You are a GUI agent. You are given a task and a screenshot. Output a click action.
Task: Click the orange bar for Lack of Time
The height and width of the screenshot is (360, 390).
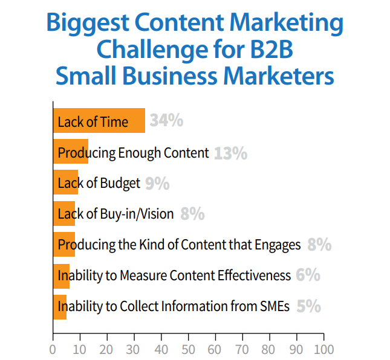click(x=99, y=121)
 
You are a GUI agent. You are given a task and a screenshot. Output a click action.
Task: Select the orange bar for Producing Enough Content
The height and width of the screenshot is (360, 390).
click(x=71, y=152)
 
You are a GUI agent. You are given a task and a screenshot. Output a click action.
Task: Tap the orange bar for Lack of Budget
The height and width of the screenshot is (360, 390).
click(x=65, y=182)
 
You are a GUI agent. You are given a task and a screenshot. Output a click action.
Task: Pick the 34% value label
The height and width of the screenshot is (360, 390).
click(x=166, y=121)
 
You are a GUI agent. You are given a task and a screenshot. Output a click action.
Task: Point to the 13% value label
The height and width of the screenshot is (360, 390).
click(x=230, y=153)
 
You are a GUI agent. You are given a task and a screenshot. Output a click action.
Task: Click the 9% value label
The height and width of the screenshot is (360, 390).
click(x=157, y=183)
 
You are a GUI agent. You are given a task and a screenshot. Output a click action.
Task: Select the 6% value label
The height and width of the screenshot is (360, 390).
click(x=308, y=275)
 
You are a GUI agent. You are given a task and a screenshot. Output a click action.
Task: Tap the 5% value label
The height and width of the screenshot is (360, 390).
click(x=308, y=306)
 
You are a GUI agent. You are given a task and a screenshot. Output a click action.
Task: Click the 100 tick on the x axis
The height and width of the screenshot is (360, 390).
click(x=323, y=349)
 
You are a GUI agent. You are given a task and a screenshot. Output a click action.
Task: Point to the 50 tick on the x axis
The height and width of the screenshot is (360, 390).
click(x=188, y=349)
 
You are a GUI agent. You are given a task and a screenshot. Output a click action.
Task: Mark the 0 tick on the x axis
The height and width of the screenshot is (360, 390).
click(x=53, y=349)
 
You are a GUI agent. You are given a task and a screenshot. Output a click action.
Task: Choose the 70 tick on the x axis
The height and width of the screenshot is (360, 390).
click(x=242, y=349)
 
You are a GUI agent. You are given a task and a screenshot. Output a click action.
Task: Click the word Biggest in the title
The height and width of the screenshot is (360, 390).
click(x=92, y=24)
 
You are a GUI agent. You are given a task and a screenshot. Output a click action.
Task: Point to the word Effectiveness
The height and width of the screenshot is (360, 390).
click(x=252, y=275)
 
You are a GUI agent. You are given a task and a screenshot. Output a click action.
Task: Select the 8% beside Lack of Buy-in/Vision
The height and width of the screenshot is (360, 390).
click(x=192, y=214)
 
